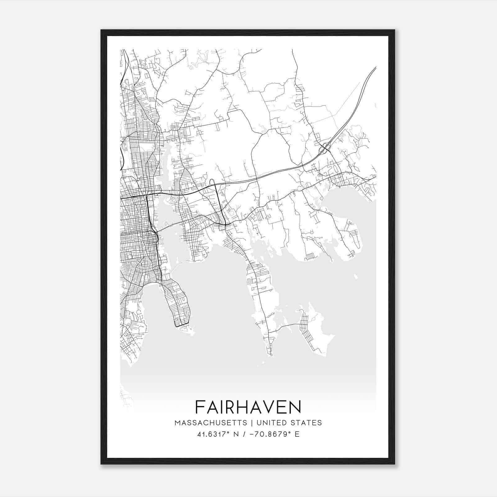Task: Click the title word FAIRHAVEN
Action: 248,407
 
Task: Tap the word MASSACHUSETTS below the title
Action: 211,423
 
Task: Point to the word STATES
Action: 307,423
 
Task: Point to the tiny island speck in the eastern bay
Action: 356,275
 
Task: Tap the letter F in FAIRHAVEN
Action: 199,407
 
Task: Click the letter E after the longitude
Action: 297,434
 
